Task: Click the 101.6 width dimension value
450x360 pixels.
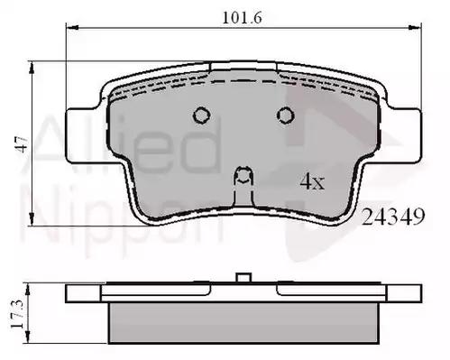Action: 242,17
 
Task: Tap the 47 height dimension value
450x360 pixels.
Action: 22,144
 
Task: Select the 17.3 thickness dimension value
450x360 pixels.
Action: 17,314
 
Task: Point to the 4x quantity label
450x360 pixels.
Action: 312,181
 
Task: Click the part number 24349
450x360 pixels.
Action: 393,217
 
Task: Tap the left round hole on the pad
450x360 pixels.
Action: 201,115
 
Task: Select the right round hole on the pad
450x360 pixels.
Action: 285,115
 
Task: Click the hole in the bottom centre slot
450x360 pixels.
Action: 243,175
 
